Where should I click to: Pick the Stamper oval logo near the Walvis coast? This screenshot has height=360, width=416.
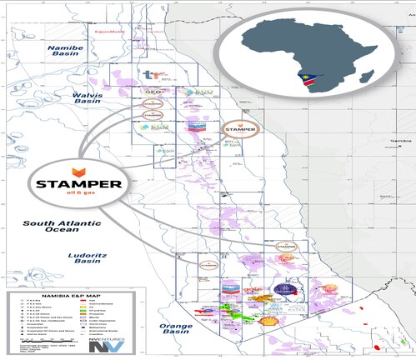[239, 129]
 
